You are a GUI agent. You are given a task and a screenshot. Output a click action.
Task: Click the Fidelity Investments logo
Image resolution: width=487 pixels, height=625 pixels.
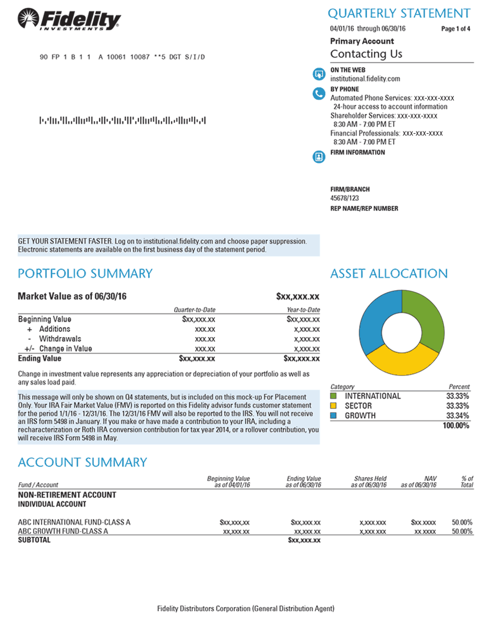point(69,21)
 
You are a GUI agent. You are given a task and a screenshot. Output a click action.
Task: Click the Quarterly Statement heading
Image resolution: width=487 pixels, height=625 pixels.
point(399,13)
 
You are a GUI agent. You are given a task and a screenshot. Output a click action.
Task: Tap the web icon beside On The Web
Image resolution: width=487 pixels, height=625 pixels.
point(318,74)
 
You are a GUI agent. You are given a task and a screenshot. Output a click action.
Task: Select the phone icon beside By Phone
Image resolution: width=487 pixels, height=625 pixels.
point(318,94)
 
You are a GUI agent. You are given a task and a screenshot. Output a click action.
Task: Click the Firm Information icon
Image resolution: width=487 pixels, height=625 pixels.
point(318,157)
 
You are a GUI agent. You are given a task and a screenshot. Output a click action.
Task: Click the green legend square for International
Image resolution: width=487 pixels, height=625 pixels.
point(334,396)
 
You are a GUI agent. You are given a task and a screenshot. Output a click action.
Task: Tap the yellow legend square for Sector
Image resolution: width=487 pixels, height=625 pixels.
point(334,406)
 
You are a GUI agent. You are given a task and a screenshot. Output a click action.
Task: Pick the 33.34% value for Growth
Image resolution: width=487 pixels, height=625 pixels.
point(458,416)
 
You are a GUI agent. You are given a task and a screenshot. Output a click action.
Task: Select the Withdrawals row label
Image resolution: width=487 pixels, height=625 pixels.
point(60,339)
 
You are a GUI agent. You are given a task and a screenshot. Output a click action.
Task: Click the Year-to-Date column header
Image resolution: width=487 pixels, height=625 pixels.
point(303,310)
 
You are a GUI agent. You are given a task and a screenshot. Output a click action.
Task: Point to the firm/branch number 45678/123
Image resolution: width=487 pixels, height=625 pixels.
point(345,198)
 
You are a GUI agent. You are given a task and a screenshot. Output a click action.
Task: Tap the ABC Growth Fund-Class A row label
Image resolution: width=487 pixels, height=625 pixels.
point(63,531)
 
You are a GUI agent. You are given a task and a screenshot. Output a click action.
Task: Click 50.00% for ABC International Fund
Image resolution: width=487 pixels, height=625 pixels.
point(462,522)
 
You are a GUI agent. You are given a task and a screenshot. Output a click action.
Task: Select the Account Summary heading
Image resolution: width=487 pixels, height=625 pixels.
point(82,462)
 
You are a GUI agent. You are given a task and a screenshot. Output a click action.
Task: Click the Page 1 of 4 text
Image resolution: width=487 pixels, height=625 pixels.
point(456,29)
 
